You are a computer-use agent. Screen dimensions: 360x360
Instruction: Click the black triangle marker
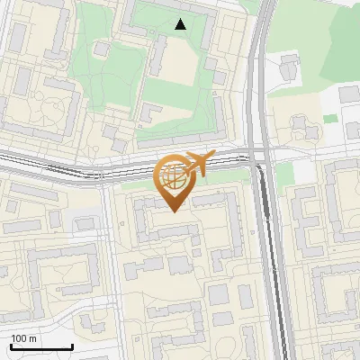coord(181,24)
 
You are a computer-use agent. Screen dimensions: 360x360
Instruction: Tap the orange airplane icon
coord(196,164)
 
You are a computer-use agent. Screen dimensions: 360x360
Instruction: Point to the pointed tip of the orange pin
coord(174,211)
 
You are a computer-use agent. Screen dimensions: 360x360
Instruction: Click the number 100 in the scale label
coord(19,338)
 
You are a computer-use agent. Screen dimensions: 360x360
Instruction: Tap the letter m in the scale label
coord(33,338)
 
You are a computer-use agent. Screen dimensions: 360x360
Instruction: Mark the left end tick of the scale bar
coord(10,346)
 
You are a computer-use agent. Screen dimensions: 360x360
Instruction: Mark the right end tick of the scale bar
coord(72,346)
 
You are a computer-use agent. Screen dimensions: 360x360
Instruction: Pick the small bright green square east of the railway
coord(330,118)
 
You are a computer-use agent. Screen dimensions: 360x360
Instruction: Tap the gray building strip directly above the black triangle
coord(171,9)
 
